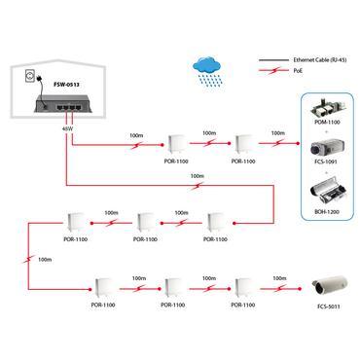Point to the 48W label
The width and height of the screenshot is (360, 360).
(x=67, y=127)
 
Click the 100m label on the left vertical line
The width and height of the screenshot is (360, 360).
(x=43, y=261)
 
